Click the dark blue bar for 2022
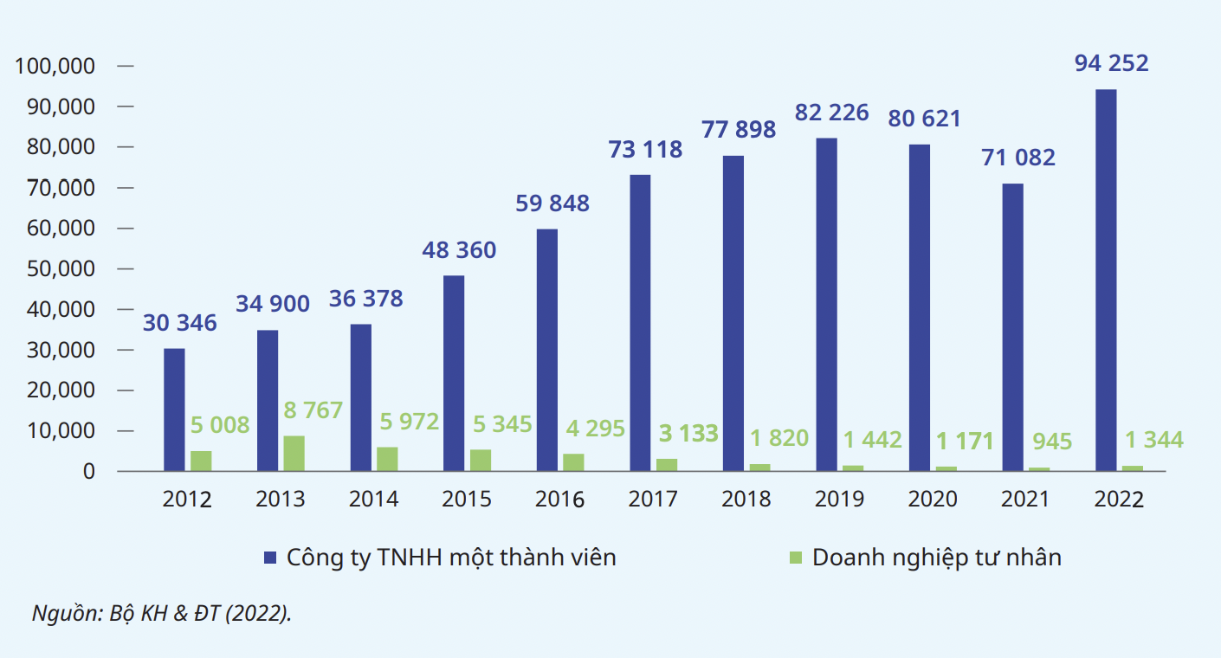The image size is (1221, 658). click(1106, 281)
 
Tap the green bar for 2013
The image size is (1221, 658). click(294, 454)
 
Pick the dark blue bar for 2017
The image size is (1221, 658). click(640, 323)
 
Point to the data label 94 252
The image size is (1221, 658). click(1111, 63)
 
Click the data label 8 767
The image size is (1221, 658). click(313, 410)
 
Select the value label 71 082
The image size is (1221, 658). click(1018, 158)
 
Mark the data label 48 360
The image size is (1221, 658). click(459, 250)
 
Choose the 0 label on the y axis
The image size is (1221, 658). click(88, 472)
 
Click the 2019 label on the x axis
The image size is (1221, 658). click(839, 500)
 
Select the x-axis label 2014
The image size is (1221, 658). click(373, 500)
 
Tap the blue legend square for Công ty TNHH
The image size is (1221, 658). click(270, 557)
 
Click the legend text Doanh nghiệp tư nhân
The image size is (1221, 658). click(936, 557)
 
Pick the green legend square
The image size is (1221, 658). click(795, 557)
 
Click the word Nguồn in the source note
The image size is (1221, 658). click(57, 614)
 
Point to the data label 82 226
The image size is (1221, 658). click(831, 113)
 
